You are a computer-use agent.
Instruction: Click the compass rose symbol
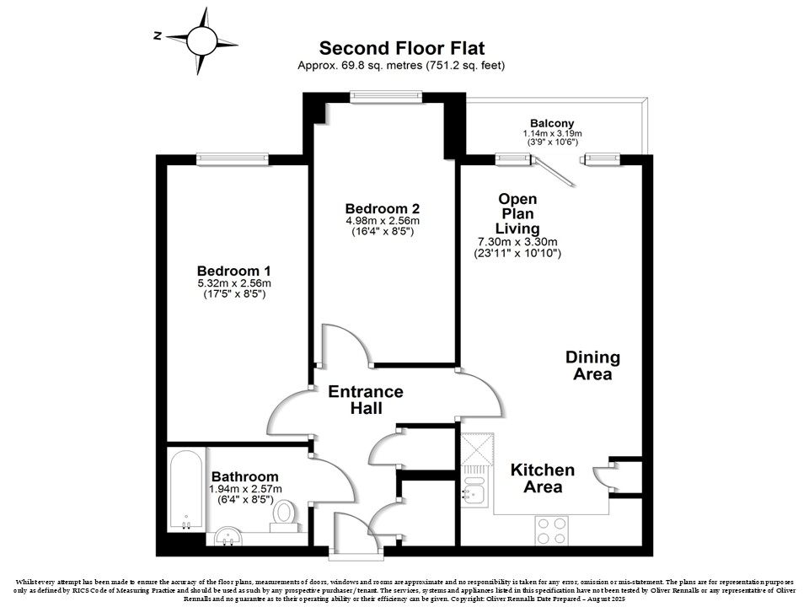[x=201, y=40]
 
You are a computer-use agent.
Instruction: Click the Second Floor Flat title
[x=402, y=48]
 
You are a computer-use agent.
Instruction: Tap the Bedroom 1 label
[x=233, y=271]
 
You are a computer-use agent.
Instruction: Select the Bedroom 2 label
[x=383, y=208]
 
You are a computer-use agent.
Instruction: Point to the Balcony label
[x=552, y=123]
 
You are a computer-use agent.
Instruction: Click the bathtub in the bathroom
[x=185, y=491]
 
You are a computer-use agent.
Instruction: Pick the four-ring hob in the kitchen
[x=551, y=530]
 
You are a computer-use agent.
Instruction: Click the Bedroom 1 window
[x=233, y=159]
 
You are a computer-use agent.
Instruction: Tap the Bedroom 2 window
[x=386, y=96]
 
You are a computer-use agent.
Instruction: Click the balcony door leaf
[x=555, y=172]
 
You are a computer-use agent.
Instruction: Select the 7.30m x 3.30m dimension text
[x=517, y=242]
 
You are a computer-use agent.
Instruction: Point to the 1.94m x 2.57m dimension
[x=245, y=489]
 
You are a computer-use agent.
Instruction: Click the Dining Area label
[x=592, y=365]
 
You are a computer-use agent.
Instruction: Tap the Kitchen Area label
[x=543, y=478]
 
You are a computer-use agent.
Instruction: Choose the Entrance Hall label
[x=366, y=400]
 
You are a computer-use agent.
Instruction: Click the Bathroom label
[x=245, y=476]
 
